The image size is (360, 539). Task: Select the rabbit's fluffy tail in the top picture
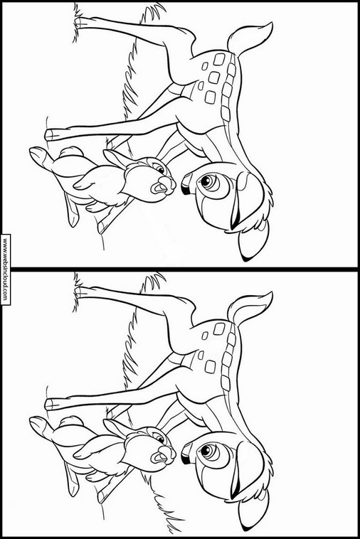click(70, 152)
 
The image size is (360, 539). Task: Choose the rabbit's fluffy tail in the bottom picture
click(70, 421)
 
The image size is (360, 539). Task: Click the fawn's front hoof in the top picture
click(52, 134)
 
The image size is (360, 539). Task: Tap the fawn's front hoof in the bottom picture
click(52, 404)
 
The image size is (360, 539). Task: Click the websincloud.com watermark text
click(5, 269)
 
